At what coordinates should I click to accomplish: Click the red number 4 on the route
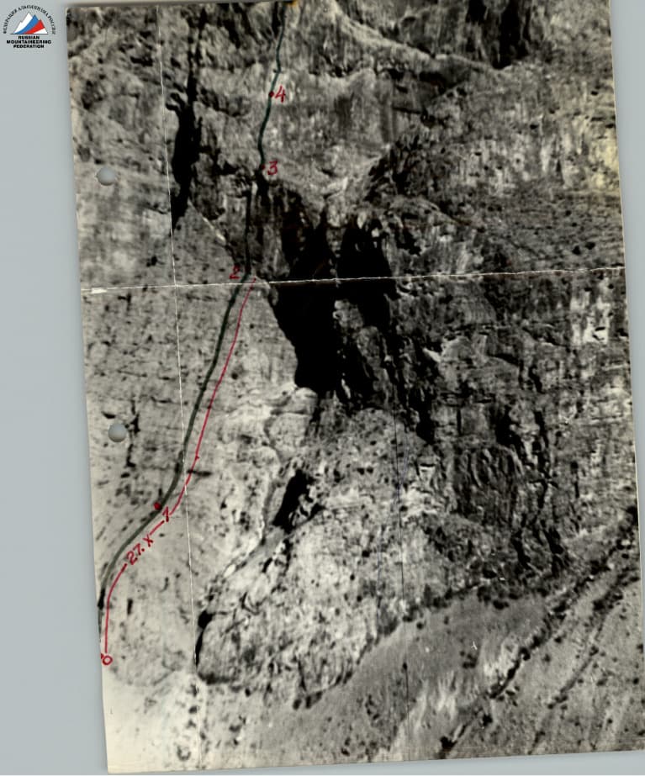(281, 94)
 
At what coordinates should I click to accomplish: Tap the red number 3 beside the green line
(272, 168)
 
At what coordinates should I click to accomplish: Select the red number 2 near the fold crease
(235, 272)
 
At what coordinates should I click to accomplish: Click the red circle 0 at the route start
(106, 659)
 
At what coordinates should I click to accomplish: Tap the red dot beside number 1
(157, 506)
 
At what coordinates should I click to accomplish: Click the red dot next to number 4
(271, 95)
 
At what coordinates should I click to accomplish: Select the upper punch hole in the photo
(107, 176)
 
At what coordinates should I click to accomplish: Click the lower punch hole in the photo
(118, 431)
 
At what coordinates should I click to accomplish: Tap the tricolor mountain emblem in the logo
(29, 23)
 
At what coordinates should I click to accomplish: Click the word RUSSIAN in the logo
(29, 36)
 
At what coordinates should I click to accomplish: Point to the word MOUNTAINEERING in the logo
(29, 41)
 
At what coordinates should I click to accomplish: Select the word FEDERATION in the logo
(29, 46)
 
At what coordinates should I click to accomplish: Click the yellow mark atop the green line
(293, 4)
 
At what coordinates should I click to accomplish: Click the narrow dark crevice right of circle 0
(203, 639)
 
